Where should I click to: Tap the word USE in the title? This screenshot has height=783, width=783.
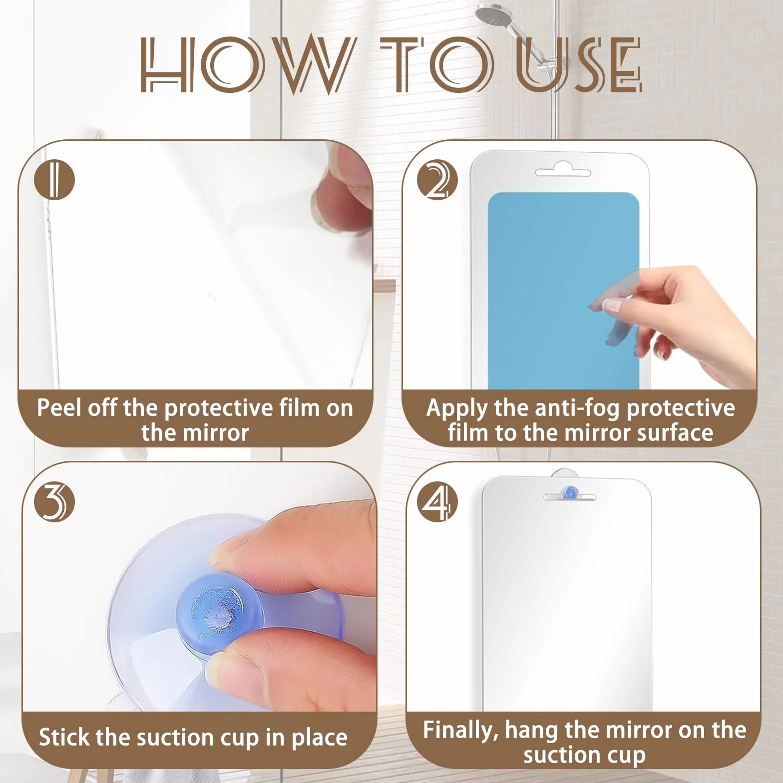(x=579, y=65)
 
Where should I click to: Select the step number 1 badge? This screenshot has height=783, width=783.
(x=54, y=180)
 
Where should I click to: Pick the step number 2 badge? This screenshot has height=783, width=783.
(x=437, y=180)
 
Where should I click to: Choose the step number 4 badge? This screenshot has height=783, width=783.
(x=437, y=502)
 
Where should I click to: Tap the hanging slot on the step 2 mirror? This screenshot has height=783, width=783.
(x=563, y=171)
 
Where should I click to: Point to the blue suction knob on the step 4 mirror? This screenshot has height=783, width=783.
(x=569, y=492)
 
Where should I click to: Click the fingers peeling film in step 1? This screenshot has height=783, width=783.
(x=345, y=195)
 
